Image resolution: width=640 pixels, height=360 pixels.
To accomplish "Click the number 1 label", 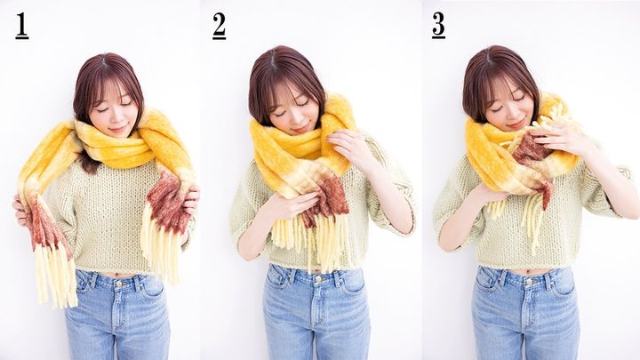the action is click(x=22, y=26).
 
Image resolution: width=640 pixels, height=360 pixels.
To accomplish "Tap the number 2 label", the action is click(x=220, y=26).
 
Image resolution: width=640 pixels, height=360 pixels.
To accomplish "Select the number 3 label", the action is click(x=439, y=25).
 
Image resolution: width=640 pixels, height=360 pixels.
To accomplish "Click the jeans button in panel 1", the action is click(x=118, y=284).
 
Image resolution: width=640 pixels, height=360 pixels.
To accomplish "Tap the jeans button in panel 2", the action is click(x=317, y=280).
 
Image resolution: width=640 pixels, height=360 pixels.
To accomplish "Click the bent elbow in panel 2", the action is click(x=402, y=222).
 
